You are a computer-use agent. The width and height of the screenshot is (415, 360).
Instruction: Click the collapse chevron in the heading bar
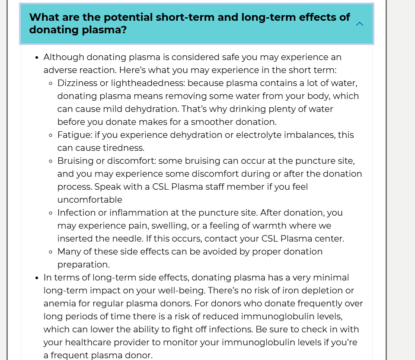(x=359, y=24)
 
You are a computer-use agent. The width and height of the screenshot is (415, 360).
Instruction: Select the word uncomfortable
(x=90, y=200)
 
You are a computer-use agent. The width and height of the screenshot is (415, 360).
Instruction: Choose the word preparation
(x=83, y=264)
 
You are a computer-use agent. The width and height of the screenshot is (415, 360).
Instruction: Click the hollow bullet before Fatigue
(x=51, y=135)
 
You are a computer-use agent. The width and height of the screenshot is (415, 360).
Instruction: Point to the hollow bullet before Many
(x=51, y=252)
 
